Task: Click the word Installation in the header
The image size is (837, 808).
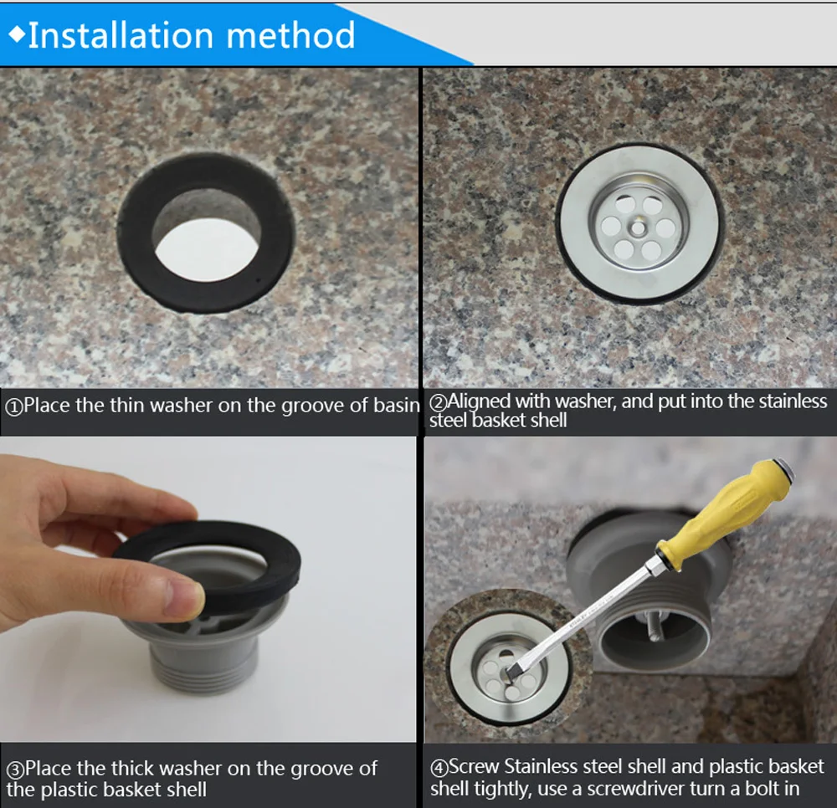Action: point(121,35)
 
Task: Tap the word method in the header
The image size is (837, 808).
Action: point(290,35)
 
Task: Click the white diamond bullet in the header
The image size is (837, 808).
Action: point(17,34)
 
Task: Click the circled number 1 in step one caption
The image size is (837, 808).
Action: point(13,407)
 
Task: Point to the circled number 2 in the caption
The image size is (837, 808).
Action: point(439,402)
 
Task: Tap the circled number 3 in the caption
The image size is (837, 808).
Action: point(15,770)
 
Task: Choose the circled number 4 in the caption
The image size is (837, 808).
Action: point(439,769)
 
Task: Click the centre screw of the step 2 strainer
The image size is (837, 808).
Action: point(638,228)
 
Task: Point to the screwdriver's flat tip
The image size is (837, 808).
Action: point(515,669)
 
